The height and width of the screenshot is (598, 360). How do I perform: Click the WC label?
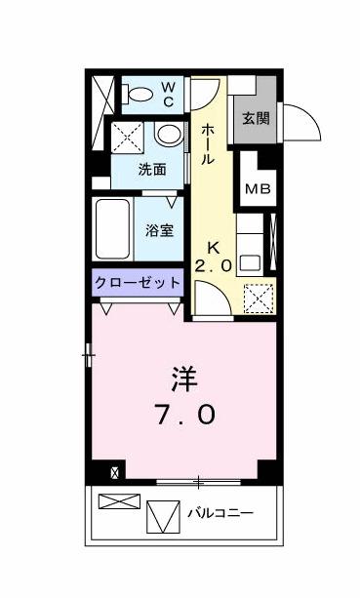coord(167,94)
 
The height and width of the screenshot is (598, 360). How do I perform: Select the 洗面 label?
coord(150,169)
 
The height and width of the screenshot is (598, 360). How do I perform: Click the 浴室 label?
coord(160,231)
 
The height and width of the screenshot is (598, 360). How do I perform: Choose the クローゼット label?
coord(139,282)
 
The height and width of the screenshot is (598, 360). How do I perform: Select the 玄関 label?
coord(257,121)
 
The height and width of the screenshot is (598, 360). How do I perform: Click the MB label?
coord(258,189)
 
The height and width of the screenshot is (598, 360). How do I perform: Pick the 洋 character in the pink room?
coord(185,378)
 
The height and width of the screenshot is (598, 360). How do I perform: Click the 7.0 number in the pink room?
coord(185,414)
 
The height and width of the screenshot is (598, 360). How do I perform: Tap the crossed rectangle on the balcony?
coord(120,504)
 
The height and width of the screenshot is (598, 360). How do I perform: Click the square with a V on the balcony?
coord(163,515)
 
